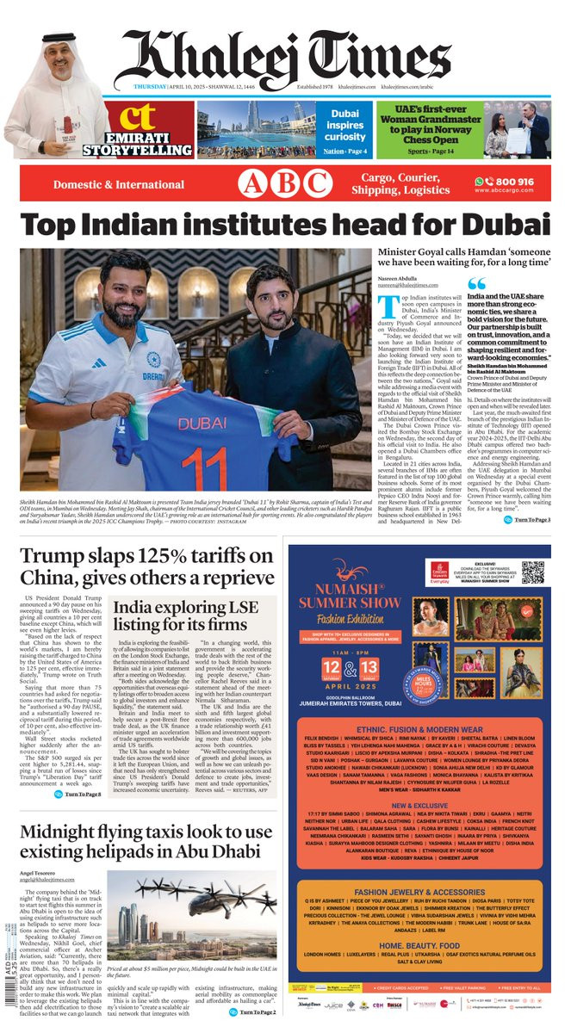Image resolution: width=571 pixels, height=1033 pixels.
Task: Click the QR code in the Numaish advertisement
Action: point(532,572)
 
